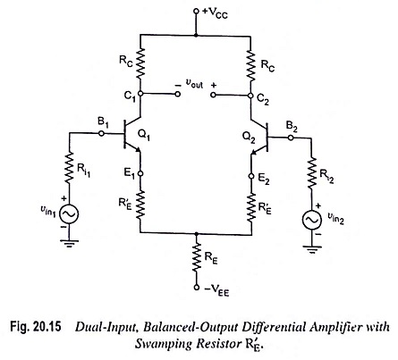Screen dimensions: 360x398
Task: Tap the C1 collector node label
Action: (130, 95)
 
